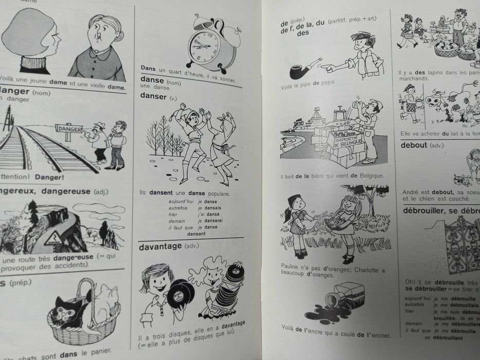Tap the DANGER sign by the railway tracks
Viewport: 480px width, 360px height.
[69, 130]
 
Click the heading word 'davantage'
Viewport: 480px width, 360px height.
[160, 246]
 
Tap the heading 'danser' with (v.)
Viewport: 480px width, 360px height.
[153, 97]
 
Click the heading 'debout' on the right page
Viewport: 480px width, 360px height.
[414, 145]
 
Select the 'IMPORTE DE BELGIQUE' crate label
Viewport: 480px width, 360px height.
[348, 138]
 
